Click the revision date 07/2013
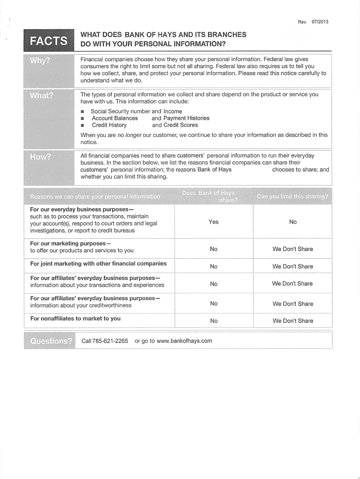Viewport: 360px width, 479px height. (319, 22)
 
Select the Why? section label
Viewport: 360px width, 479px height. (40, 61)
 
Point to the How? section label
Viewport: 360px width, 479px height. (41, 157)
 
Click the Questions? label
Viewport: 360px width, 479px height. (51, 341)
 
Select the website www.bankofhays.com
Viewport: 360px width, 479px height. (184, 341)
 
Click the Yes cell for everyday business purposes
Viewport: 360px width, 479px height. (214, 222)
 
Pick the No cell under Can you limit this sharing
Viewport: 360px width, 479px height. (293, 222)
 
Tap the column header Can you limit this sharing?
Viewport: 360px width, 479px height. (292, 196)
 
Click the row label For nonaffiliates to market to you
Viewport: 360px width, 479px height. (75, 319)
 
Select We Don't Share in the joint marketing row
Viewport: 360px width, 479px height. (293, 266)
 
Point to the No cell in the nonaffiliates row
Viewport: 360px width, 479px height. (214, 321)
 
